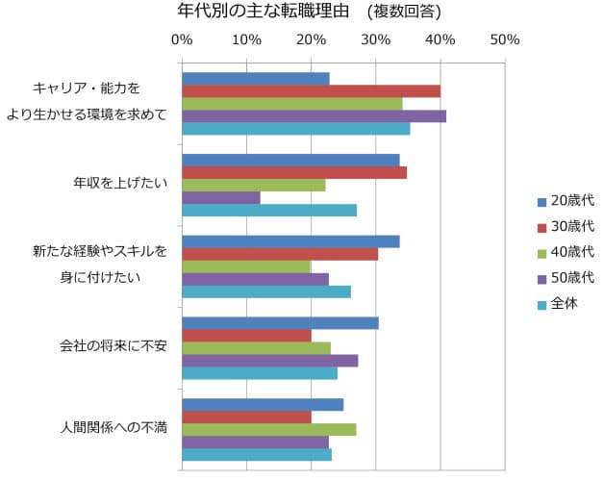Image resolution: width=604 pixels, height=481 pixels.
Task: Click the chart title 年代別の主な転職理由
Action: pyautogui.click(x=261, y=12)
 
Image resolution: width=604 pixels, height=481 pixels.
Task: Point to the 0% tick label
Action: pyautogui.click(x=181, y=39)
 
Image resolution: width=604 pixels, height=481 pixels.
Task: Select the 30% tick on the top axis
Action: pyautogui.click(x=375, y=39)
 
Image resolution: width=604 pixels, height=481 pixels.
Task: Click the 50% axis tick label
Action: pyautogui.click(x=505, y=39)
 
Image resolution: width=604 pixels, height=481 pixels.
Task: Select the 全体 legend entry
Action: pyautogui.click(x=563, y=304)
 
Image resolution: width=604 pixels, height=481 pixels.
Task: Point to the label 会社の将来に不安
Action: pyautogui.click(x=113, y=345)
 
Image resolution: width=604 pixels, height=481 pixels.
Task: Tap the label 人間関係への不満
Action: pyautogui.click(x=113, y=427)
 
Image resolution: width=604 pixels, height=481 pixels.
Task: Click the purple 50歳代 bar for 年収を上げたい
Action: pyautogui.click(x=220, y=197)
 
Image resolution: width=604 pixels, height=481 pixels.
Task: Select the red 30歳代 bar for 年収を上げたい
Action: pyautogui.click(x=293, y=172)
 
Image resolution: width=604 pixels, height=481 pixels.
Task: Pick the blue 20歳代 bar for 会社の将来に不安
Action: pyautogui.click(x=279, y=322)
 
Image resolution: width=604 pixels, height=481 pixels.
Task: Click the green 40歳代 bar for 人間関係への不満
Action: pyautogui.click(x=268, y=429)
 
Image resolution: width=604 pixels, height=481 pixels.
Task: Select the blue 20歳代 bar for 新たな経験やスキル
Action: pyautogui.click(x=289, y=241)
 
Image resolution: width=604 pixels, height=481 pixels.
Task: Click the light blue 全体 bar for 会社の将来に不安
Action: pyautogui.click(x=259, y=373)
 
